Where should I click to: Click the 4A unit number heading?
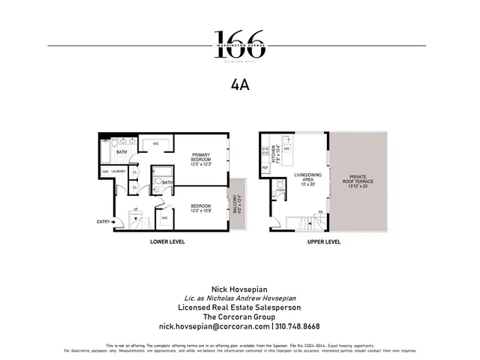coord(240,85)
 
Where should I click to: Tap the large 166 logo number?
coord(240,39)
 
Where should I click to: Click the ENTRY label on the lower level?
coord(103,221)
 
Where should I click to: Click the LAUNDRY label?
coord(118,172)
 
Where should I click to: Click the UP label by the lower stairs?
coord(135,209)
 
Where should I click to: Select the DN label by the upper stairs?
coord(320,212)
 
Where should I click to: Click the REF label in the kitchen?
coord(265,167)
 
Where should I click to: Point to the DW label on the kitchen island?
coord(287,149)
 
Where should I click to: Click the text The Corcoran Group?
coord(240,317)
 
